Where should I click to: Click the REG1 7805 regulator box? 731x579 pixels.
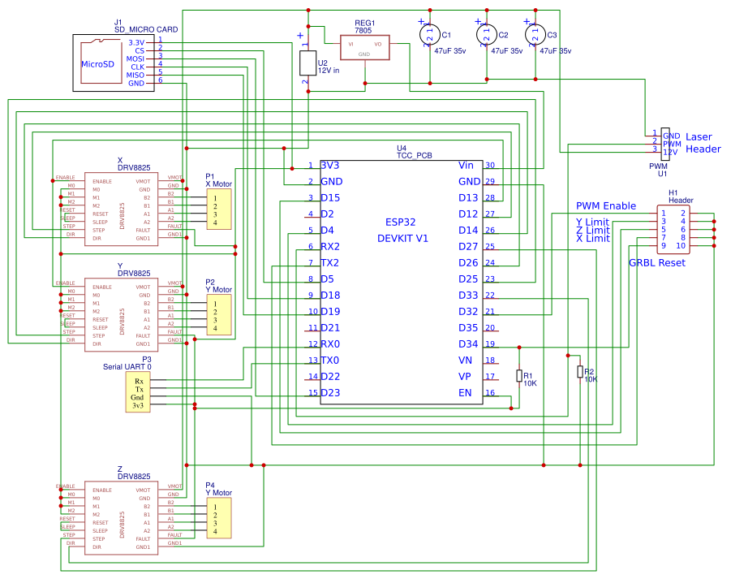[x=364, y=47]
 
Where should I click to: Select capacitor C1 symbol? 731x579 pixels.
[x=429, y=35]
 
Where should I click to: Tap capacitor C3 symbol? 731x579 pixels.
[x=535, y=35]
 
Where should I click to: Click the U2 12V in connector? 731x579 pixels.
[x=307, y=63]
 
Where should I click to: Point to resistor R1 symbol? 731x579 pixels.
[x=519, y=375]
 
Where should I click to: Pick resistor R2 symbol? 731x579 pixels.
[x=579, y=372]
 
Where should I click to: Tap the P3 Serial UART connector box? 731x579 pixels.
[x=139, y=393]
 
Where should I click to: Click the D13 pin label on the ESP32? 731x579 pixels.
[x=468, y=198]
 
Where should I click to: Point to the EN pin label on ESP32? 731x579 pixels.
[x=465, y=393]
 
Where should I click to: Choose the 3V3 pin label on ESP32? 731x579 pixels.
[x=330, y=166]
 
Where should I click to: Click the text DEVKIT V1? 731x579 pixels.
[x=402, y=238]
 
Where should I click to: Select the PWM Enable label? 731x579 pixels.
[x=605, y=206]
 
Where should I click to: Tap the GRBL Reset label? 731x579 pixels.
[x=656, y=263]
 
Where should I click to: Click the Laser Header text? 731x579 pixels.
[x=703, y=143]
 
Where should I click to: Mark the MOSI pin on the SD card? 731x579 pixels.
[x=135, y=59]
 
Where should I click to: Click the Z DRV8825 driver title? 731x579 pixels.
[x=133, y=473]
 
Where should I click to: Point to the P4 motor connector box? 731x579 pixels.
[x=219, y=518]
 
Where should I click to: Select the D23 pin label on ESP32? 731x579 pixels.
[x=330, y=393]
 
